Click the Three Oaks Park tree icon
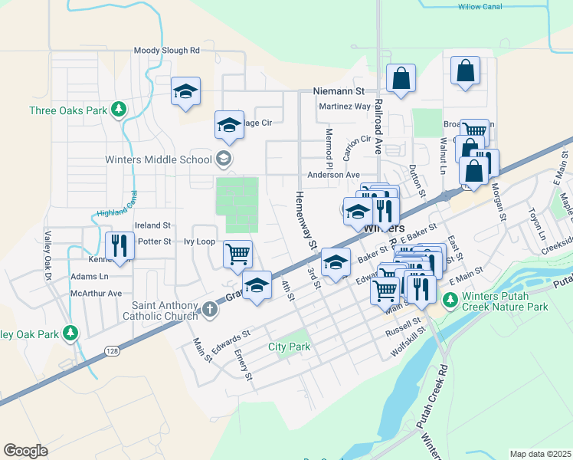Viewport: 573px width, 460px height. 118,110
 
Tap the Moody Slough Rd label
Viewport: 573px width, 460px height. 166,51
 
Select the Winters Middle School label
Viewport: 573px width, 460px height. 159,160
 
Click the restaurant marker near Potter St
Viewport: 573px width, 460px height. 119,246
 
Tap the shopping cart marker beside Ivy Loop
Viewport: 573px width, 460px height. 238,254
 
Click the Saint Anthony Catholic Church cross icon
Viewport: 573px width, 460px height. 211,310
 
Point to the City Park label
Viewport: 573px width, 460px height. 289,347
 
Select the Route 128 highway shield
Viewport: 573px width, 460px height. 113,350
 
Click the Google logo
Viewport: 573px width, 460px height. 25,450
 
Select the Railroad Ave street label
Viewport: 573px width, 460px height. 378,130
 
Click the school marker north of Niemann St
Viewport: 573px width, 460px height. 185,92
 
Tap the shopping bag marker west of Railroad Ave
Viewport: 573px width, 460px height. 401,78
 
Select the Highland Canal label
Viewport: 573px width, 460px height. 116,208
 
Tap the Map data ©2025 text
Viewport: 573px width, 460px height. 540,454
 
